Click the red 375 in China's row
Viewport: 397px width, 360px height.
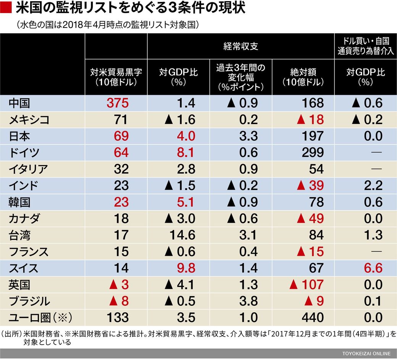click(x=116, y=103)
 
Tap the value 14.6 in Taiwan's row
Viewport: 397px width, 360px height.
click(x=181, y=235)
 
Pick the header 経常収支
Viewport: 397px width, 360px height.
click(x=240, y=47)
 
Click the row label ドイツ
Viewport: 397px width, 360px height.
click(x=24, y=152)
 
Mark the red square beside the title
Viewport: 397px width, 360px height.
click(x=5, y=8)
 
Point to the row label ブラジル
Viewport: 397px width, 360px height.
click(x=29, y=301)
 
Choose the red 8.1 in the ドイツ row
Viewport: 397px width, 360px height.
click(x=185, y=152)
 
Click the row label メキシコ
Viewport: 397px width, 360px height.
click(x=29, y=120)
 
